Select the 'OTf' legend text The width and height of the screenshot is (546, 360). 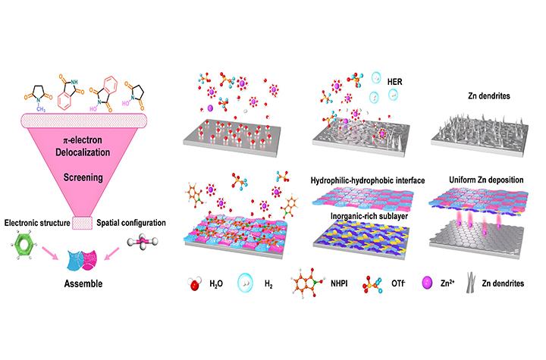click(x=414, y=289)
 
